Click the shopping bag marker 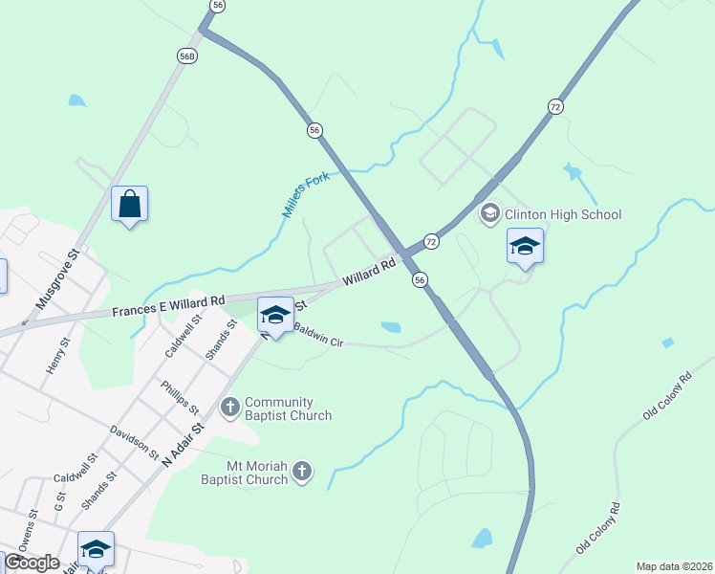pos(130,205)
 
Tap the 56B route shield pos(187,56)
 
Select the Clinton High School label pos(563,214)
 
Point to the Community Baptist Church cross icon pos(229,408)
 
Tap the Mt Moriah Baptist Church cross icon pos(302,471)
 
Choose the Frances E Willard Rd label pos(168,306)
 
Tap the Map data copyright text pos(675,566)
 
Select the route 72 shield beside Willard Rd pos(431,242)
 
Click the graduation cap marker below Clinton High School pos(525,246)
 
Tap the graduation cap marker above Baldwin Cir pos(275,315)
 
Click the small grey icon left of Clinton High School pos(490,212)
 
